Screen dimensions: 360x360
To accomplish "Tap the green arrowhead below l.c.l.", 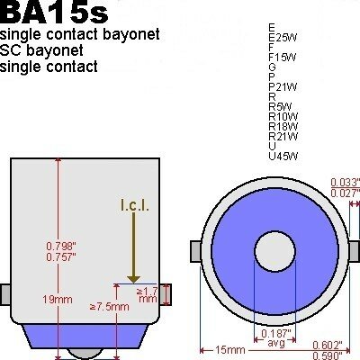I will (x=132, y=278).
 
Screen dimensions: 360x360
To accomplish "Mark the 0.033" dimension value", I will (x=344, y=181).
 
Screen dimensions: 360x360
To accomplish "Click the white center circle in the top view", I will (x=270, y=247).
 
